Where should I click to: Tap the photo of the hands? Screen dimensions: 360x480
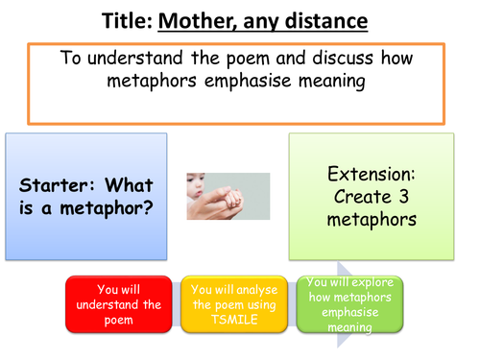pos(228,195)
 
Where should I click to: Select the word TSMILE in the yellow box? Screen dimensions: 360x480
pos(234,318)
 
